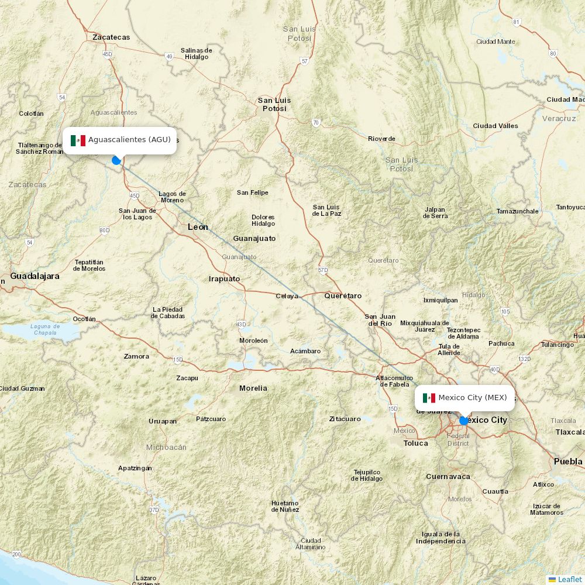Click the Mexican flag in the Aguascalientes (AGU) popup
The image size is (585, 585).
coord(78,140)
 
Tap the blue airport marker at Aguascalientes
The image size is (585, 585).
coord(116,160)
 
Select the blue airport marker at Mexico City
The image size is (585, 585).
coord(464,420)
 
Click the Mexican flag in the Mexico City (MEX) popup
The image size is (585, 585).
coord(429,398)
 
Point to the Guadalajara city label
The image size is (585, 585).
coord(35,276)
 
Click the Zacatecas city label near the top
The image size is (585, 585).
coord(111,37)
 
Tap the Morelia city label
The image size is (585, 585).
coord(253,388)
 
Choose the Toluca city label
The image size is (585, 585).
coord(416,443)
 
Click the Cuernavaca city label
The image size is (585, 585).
coord(448,476)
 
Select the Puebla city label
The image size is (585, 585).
coord(568,461)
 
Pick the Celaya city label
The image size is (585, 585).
coord(287,296)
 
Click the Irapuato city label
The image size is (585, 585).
coord(225,278)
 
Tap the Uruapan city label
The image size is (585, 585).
coord(162,421)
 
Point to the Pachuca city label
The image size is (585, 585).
coord(501,343)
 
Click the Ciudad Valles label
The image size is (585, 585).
coord(495,126)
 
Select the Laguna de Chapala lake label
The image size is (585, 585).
coord(45,329)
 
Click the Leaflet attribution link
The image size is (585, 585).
coord(569,579)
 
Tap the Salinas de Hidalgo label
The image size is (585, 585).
coord(196,53)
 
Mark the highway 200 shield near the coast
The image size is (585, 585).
coord(16,554)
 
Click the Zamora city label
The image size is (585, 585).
coord(136,356)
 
